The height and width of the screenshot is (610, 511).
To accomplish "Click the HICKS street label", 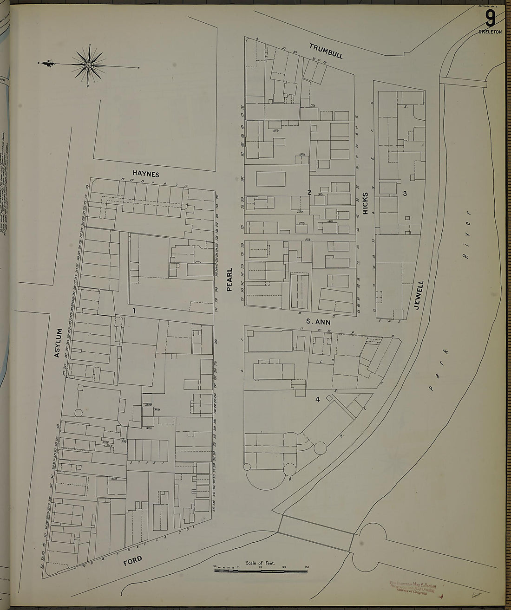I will pyautogui.click(x=365, y=203).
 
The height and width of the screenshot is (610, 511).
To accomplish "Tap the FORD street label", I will pyautogui.click(x=133, y=561).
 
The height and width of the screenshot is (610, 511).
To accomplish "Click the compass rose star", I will pyautogui.click(x=88, y=65).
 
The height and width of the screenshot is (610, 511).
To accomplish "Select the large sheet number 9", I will pyautogui.click(x=490, y=19).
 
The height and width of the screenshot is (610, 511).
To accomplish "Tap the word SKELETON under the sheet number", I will pyautogui.click(x=490, y=32).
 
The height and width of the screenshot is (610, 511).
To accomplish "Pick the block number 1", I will pyautogui.click(x=134, y=311).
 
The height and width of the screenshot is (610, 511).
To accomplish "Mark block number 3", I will pyautogui.click(x=405, y=194).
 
